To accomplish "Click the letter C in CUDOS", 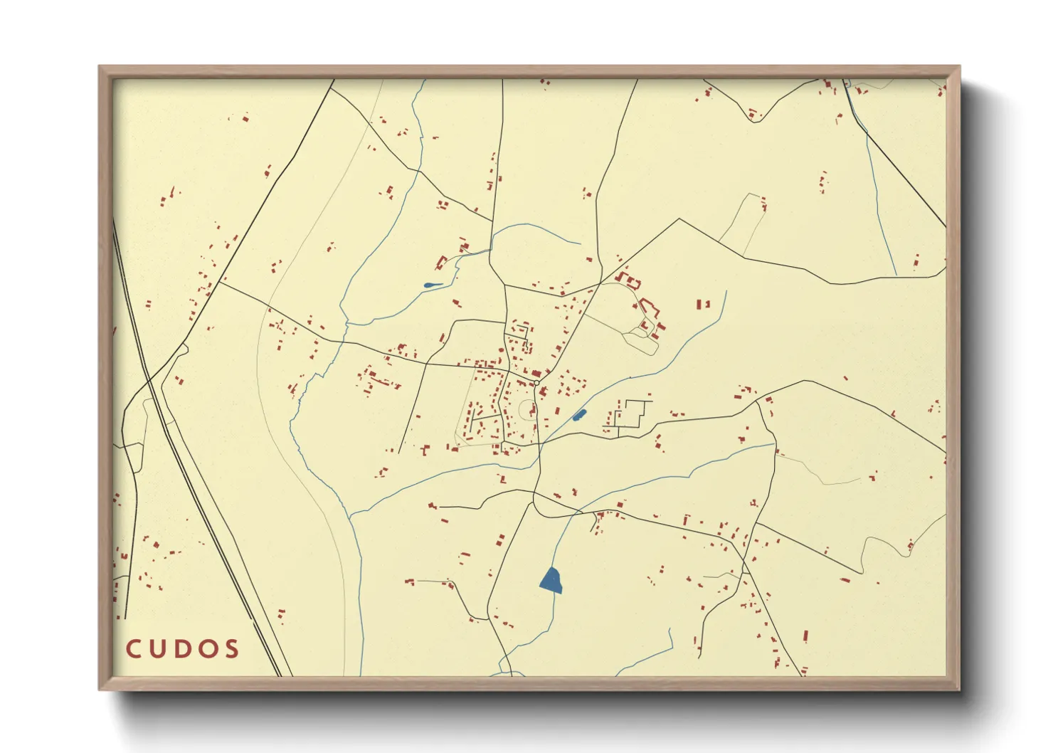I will pos(133,649).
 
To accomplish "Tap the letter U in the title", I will pos(157,649).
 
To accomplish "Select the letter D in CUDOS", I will pos(182,649).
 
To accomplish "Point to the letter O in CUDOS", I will pos(207,649).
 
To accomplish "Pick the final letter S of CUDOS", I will pos(231,649).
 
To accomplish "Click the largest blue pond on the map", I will pos(551,581).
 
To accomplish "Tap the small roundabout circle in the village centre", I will pos(536,383).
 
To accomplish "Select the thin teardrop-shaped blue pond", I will pos(432,285).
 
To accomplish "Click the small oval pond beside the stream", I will pos(579,415).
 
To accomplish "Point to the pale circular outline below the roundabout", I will pos(526,410).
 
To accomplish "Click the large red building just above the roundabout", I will pos(536,373).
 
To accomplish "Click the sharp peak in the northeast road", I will pos(679,218).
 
